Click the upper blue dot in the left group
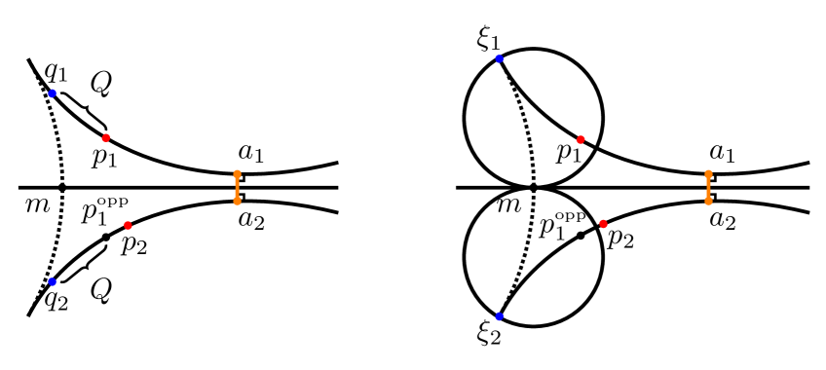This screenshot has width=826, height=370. coord(53,93)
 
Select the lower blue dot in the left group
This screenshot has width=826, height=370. coord(53,281)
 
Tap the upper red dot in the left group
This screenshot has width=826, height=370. coord(106,137)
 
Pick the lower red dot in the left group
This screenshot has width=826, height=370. coord(128,225)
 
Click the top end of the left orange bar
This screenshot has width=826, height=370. coord(237,174)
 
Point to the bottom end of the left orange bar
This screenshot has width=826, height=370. coord(237,201)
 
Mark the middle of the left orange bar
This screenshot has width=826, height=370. coord(237,187)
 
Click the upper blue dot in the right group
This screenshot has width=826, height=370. coord(499,58)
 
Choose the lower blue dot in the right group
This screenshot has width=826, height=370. coord(499,316)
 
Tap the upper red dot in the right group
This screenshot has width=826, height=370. coord(581,139)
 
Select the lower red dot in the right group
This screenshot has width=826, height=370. coord(603,224)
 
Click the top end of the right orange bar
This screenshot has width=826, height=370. coord(708,174)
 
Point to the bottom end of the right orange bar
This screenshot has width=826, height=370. coord(708,201)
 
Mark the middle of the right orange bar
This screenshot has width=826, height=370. coord(708,187)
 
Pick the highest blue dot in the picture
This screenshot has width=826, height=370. coord(499,58)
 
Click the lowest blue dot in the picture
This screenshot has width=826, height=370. coord(499,316)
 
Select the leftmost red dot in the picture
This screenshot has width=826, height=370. coord(106,137)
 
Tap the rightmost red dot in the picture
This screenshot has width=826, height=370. coord(603,224)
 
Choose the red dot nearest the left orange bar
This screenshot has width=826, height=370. coord(128,225)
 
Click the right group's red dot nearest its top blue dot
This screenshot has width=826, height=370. coord(581,139)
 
